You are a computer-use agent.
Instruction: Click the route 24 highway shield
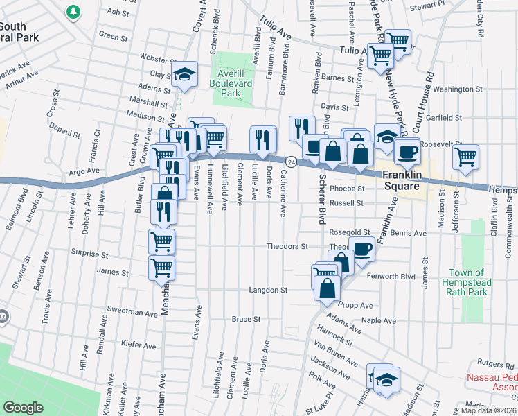click(x=292, y=162)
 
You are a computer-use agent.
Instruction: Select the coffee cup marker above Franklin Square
click(x=407, y=150)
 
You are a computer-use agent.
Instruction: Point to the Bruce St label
click(x=245, y=320)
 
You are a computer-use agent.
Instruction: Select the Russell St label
click(x=346, y=203)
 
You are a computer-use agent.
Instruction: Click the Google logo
click(x=24, y=407)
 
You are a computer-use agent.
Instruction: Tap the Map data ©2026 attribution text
click(x=488, y=410)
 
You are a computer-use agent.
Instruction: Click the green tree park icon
click(x=73, y=12)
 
